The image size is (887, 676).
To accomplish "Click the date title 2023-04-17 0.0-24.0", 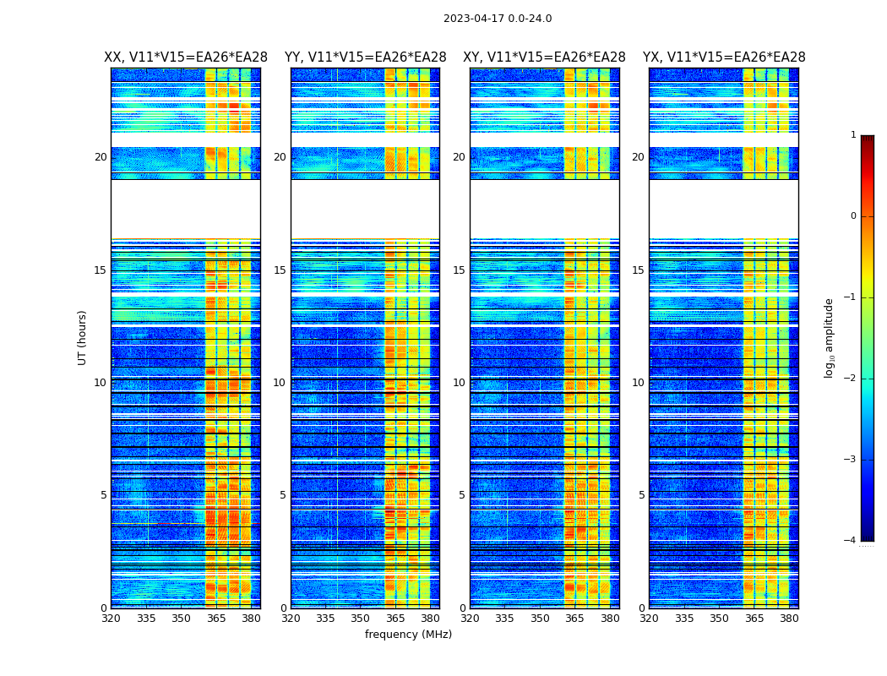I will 498,19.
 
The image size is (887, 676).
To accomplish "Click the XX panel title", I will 186,57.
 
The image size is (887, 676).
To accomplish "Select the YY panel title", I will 365,57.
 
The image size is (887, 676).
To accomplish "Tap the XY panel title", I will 544,57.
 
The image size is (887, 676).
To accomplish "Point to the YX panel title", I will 724,57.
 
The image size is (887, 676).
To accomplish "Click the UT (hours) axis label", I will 83,337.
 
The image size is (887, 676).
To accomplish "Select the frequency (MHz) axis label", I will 408,635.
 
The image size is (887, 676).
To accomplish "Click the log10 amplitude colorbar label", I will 830,337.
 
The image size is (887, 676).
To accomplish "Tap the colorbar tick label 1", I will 853,135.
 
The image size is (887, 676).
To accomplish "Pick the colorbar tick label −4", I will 851,541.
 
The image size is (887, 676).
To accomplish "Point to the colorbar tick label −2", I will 851,379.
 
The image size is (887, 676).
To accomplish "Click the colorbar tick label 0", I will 853,216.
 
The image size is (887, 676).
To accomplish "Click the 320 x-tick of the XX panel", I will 111,619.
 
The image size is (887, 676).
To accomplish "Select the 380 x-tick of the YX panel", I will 789,619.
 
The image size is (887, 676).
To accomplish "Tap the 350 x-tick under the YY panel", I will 361,619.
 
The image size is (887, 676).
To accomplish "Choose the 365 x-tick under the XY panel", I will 574,619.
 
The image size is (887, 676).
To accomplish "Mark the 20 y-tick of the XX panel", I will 101,157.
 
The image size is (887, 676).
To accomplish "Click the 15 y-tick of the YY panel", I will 280,270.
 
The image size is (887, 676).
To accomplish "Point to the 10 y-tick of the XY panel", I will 459,383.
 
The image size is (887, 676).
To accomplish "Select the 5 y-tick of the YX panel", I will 641,495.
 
